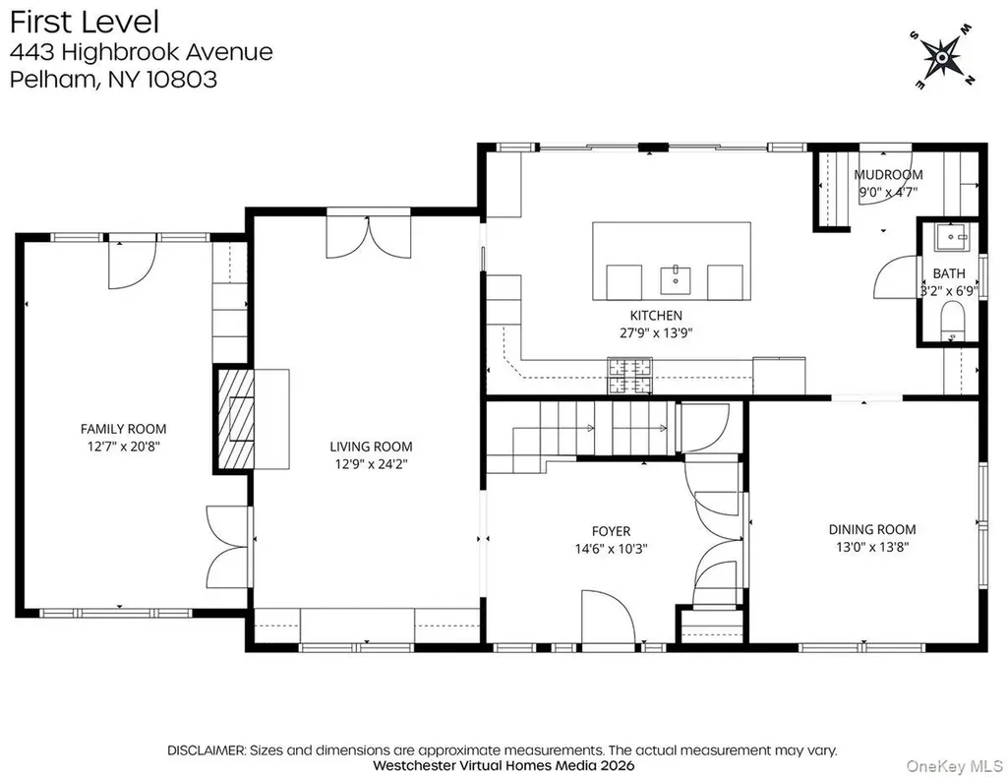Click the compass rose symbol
(x=942, y=57)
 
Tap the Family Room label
(x=123, y=429)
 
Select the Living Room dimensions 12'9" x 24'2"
(x=371, y=463)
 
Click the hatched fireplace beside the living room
(x=236, y=419)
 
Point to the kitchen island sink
(x=676, y=280)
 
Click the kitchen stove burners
(x=630, y=376)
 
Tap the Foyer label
(x=611, y=531)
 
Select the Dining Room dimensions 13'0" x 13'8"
(x=872, y=547)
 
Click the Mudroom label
(x=888, y=175)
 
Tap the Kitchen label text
(x=656, y=316)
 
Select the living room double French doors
(x=368, y=237)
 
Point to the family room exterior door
(x=133, y=265)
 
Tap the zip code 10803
(x=182, y=79)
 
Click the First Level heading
(x=85, y=22)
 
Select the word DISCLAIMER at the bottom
(x=207, y=750)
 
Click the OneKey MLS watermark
(x=954, y=766)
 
